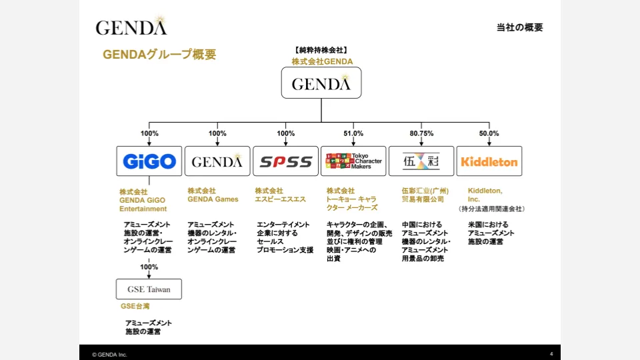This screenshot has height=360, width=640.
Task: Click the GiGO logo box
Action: tap(149, 161)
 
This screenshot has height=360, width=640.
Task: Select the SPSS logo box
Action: tap(285, 161)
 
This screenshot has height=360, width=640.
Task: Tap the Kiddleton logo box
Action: tap(489, 161)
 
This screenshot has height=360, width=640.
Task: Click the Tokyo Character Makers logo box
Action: tap(353, 161)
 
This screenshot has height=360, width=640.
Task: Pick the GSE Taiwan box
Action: tap(149, 289)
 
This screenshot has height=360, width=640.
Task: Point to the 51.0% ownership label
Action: tap(353, 133)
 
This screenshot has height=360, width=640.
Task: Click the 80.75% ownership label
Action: tap(421, 133)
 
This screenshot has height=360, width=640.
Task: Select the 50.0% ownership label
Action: tap(489, 133)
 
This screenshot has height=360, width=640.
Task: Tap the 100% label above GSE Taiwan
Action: tap(149, 267)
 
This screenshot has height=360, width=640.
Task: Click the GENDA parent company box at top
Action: tap(321, 83)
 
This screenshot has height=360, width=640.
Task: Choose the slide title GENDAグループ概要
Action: tap(159, 55)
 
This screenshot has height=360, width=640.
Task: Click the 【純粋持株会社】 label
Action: tap(321, 50)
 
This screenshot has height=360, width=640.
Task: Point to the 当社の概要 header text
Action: tap(519, 27)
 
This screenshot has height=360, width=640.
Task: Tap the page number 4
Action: tap(551, 353)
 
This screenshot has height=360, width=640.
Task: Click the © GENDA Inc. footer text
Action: tap(109, 354)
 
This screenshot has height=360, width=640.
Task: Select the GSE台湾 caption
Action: tap(135, 306)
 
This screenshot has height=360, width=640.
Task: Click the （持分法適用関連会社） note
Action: tap(491, 209)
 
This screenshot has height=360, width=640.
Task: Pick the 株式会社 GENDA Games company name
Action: tap(213, 195)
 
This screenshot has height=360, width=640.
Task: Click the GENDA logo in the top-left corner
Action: tap(131, 27)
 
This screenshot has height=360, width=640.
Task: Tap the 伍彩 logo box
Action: tap(421, 161)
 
